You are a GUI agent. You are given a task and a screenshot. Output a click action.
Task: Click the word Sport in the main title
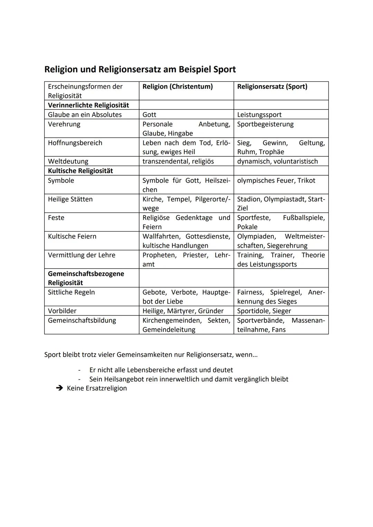[x=224, y=69]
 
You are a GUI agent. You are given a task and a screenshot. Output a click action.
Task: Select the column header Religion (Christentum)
[x=178, y=87]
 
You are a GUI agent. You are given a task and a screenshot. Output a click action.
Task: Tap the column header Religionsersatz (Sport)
[x=272, y=87]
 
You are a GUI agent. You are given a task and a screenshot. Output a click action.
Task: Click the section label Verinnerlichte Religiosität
[x=88, y=105]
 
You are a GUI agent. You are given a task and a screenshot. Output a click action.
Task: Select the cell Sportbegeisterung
[x=265, y=124]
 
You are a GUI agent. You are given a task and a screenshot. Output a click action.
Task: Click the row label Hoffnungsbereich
[x=75, y=143]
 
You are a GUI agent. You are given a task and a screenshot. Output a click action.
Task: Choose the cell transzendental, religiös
[x=178, y=161]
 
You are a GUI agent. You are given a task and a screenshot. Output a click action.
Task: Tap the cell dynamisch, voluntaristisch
[x=277, y=161]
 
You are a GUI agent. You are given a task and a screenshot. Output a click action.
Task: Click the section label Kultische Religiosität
[x=80, y=171]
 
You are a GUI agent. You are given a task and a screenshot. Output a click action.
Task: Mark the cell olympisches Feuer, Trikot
[x=276, y=180]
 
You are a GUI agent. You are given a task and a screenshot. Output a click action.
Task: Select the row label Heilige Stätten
[x=70, y=199]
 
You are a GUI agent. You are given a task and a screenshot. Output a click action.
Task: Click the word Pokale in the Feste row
[x=247, y=227]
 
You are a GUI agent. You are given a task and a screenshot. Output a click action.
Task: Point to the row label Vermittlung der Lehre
[x=82, y=255]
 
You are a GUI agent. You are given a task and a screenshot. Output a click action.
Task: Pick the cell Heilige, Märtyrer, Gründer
[x=183, y=311]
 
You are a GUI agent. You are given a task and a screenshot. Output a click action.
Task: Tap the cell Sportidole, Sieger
[x=264, y=311]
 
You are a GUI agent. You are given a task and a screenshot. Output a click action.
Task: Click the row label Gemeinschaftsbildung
[x=82, y=320]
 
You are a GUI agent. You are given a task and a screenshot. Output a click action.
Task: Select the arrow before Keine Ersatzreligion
[x=60, y=388]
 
